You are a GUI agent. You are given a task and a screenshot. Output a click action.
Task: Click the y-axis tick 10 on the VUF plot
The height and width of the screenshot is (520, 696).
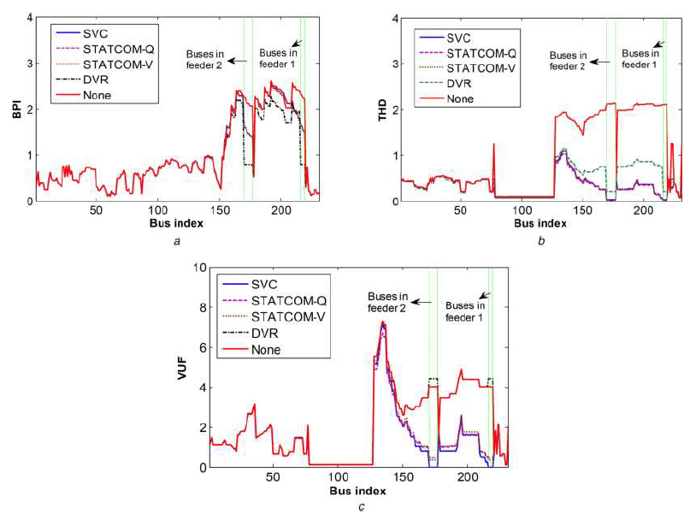pyautogui.click(x=199, y=268)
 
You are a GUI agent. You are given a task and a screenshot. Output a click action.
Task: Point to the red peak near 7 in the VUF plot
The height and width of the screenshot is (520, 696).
pyautogui.click(x=382, y=322)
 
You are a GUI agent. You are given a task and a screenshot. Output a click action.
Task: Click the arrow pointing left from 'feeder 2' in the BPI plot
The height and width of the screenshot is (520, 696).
pyautogui.click(x=238, y=61)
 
